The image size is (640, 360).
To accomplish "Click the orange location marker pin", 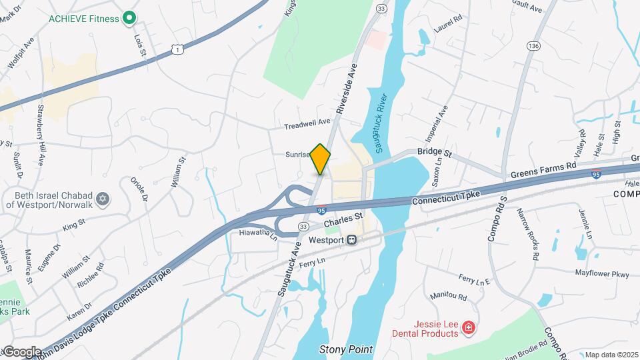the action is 321,159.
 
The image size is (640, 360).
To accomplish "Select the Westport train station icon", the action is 351,240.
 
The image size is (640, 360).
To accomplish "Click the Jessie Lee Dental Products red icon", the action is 469,327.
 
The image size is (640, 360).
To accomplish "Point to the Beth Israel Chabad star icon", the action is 103,199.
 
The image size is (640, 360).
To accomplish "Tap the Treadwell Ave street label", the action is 307,123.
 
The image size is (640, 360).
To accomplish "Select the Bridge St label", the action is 435,153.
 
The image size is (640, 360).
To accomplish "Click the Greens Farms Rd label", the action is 543,169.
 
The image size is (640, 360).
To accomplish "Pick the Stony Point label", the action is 345,349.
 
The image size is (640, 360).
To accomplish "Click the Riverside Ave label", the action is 347,87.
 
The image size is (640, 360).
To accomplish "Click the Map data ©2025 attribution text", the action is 611,355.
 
